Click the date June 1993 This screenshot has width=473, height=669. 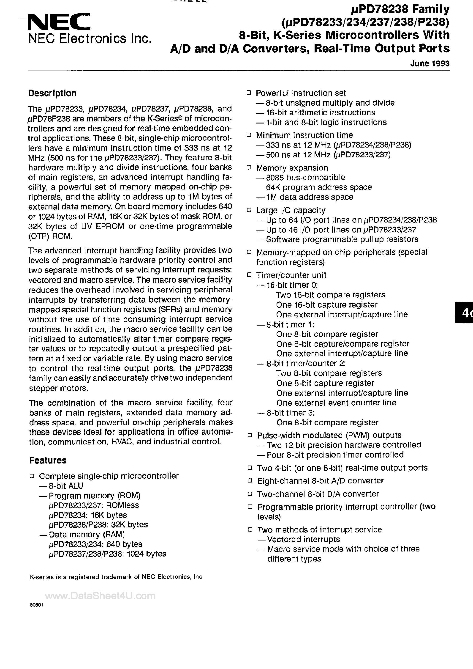point(430,63)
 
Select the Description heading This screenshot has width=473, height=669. point(52,93)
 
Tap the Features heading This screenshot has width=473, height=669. point(48,460)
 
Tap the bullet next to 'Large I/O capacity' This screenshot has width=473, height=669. point(249,210)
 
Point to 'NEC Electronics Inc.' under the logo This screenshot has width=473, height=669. point(90,38)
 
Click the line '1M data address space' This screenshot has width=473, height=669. point(309,197)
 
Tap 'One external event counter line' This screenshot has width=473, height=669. point(336,403)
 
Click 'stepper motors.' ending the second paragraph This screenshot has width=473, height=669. point(58,388)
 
